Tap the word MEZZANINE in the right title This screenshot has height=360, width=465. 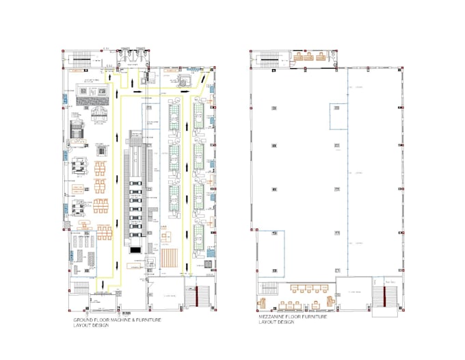pyautogui.click(x=271, y=318)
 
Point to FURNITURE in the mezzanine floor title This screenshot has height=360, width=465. pyautogui.click(x=314, y=318)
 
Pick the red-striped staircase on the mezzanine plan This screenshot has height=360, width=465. pyautogui.click(x=384, y=296)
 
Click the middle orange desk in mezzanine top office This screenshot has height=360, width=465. pyautogui.click(x=309, y=58)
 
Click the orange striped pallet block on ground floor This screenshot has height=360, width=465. pyautogui.click(x=170, y=257)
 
